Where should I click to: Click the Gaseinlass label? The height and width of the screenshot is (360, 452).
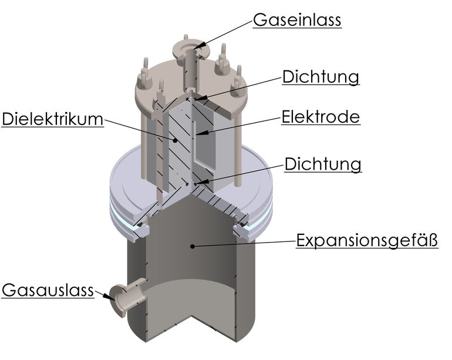coord(297,20)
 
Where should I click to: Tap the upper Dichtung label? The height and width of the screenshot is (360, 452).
coord(321,77)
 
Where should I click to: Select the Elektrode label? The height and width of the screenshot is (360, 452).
coord(321,117)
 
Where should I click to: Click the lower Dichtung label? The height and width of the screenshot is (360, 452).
coord(323,164)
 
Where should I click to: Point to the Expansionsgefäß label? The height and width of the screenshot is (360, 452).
coord(367,241)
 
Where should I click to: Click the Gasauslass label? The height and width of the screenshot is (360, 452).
coord(48,290)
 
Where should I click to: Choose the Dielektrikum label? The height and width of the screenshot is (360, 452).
coord(52,119)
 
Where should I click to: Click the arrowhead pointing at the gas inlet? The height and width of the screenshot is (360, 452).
coord(200,46)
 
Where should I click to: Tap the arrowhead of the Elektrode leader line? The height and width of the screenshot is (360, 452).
coord(201,133)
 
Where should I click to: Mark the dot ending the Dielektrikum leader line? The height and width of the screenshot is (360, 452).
coord(174,140)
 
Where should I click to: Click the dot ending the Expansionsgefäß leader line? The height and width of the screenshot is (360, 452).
coord(193,246)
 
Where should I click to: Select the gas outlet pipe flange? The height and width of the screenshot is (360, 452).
coord(118,301)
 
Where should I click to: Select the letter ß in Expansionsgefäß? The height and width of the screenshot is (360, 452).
coord(433,240)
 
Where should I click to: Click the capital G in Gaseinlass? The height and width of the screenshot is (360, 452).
coord(259,21)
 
